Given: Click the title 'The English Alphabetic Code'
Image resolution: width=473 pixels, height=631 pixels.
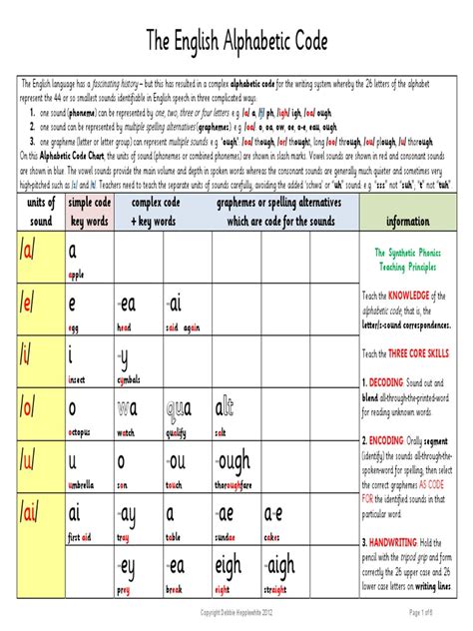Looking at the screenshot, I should point(236,41).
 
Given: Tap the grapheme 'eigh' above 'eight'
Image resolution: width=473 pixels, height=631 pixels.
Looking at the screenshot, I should point(230,566).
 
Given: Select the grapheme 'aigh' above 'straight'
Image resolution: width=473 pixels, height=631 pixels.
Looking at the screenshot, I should point(280,566).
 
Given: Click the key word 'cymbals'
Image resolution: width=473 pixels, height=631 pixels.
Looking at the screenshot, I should point(133,379).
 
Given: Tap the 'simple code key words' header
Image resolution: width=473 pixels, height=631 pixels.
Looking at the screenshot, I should point(88,212).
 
